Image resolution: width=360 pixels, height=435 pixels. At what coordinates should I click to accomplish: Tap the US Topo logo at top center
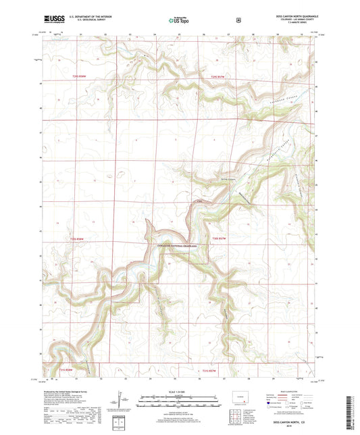coord(180,21)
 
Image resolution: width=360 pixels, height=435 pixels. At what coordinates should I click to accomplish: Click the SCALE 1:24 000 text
coord(180,392)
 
